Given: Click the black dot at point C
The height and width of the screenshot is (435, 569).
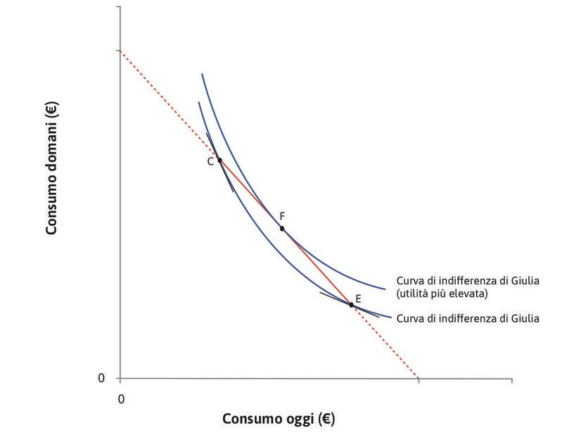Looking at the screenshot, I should coord(219,160).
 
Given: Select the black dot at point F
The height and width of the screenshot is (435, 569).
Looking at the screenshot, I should coord(282,229).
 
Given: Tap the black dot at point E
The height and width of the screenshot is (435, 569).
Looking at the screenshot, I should coord(351,305).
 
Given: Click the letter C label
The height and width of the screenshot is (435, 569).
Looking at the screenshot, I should coord(210,162).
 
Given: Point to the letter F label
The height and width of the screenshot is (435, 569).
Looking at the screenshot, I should coord(282,216).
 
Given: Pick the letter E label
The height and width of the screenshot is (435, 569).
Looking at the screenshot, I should coord(358,299).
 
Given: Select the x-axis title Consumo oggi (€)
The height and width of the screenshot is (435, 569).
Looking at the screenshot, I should coord(279,419).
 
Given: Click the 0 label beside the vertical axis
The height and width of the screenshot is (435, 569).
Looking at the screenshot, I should coord(101,379).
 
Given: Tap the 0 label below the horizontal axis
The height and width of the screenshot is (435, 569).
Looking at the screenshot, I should coord(121,398).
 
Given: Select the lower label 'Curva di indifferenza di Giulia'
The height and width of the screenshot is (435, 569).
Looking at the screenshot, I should coord(468,319).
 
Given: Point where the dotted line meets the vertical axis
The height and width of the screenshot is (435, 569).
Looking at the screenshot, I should coord(120,51).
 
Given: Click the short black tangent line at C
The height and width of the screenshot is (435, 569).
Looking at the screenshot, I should coord(228,180).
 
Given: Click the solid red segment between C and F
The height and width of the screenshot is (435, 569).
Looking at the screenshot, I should coord(250,194).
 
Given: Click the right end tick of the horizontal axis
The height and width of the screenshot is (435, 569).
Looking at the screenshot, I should coord(511,380).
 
